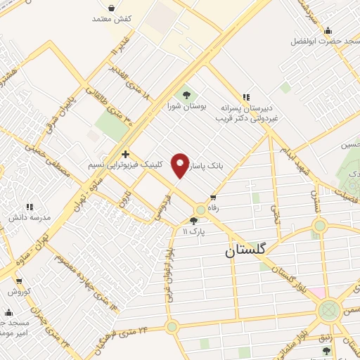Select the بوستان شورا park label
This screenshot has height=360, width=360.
click(x=186, y=106)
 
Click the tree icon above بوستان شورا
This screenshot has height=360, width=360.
click(x=186, y=95)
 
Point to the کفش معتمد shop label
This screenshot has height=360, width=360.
click(x=112, y=19)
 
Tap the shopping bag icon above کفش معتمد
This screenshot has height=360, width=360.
click(x=112, y=8)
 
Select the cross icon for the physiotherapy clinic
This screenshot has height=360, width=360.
click(x=125, y=154)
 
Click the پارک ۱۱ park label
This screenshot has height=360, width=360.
click(x=193, y=231)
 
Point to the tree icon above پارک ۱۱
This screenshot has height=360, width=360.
click(x=193, y=220)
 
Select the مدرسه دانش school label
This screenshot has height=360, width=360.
click(x=30, y=218)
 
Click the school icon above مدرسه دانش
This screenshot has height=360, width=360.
click(x=30, y=207)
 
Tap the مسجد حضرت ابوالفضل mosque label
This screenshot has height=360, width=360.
click(x=327, y=41)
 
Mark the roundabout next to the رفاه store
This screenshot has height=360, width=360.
click(x=202, y=209)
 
